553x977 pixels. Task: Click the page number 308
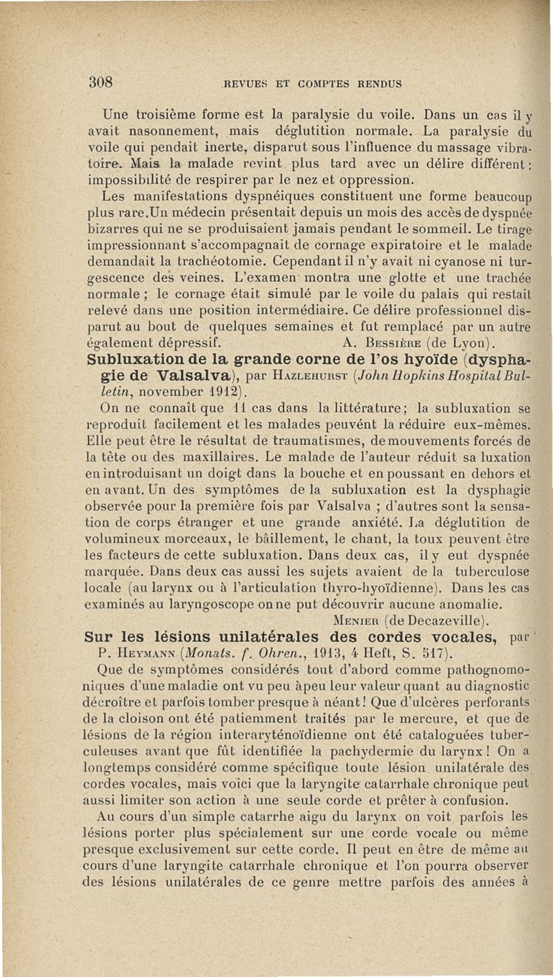pyautogui.click(x=101, y=81)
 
